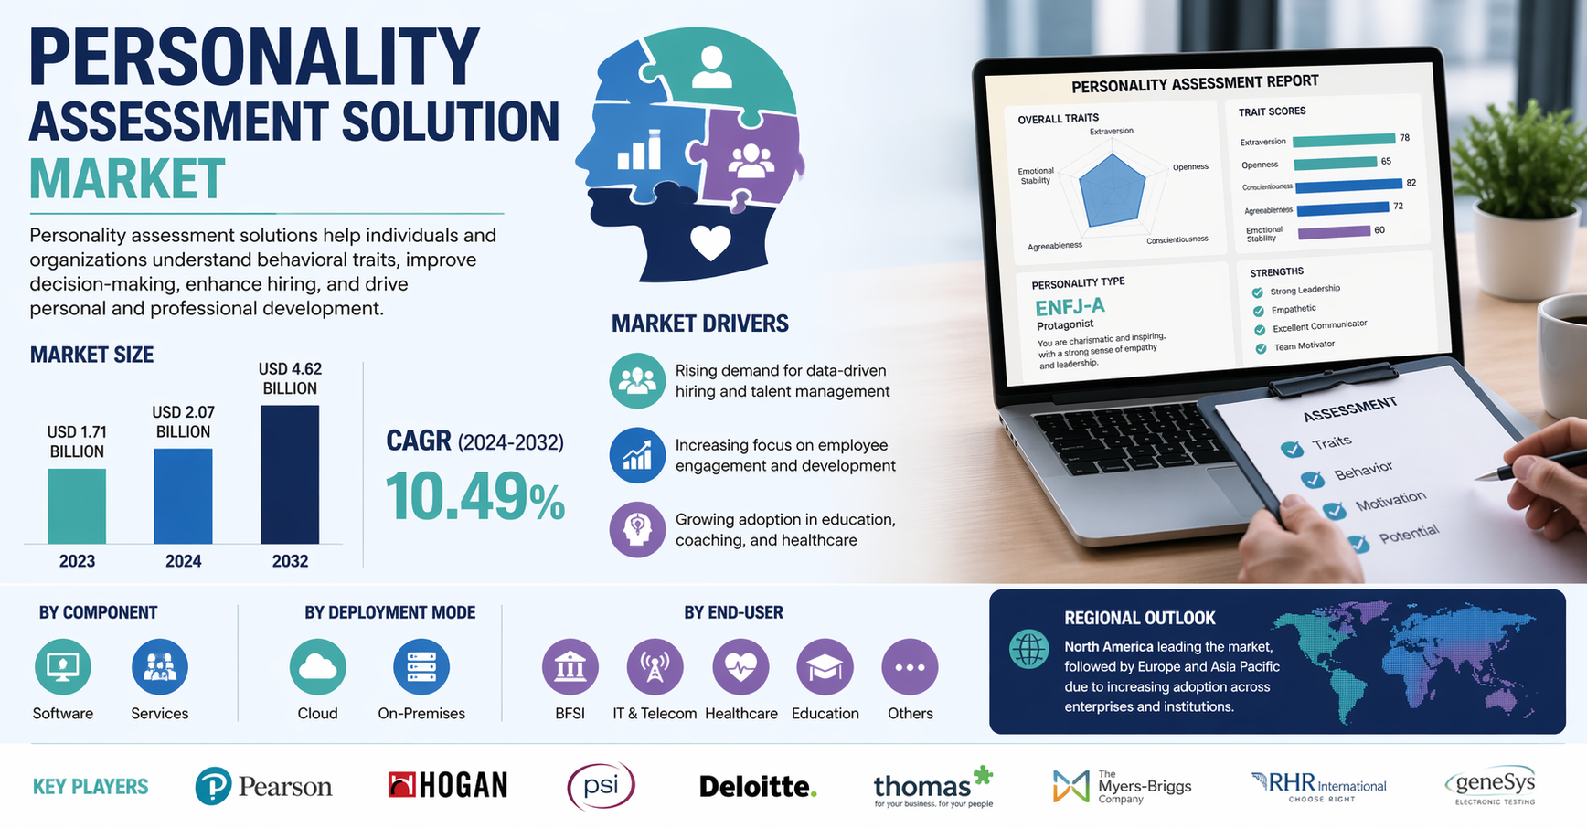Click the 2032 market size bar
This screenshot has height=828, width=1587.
pyautogui.click(x=290, y=474)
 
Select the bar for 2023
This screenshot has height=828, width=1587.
pyautogui.click(x=77, y=506)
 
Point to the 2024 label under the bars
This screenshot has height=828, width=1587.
pyautogui.click(x=183, y=561)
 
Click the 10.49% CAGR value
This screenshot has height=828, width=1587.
pyautogui.click(x=474, y=497)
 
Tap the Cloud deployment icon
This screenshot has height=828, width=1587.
pyautogui.click(x=317, y=667)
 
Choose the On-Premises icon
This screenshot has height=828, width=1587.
pyautogui.click(x=421, y=667)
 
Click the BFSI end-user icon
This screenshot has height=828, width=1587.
pyautogui.click(x=570, y=667)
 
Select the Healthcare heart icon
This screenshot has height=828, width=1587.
pyautogui.click(x=740, y=667)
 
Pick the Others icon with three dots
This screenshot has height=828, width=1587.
pyautogui.click(x=910, y=667)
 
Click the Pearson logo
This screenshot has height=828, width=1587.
pyautogui.click(x=263, y=786)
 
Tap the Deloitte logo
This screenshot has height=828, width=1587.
pyautogui.click(x=758, y=786)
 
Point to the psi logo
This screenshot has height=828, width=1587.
pyautogui.click(x=601, y=786)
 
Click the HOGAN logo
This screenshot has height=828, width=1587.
pyautogui.click(x=448, y=785)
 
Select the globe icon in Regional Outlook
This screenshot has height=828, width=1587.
pyautogui.click(x=1028, y=649)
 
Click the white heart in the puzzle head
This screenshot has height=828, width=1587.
pyautogui.click(x=710, y=242)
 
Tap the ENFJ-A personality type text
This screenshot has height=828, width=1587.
pyautogui.click(x=1070, y=306)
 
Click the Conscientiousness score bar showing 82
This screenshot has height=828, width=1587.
pyautogui.click(x=1348, y=186)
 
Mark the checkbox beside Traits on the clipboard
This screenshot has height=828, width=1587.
pyautogui.click(x=1292, y=449)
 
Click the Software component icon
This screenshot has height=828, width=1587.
pyautogui.click(x=63, y=667)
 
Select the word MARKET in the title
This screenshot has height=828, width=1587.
pyautogui.click(x=127, y=179)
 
